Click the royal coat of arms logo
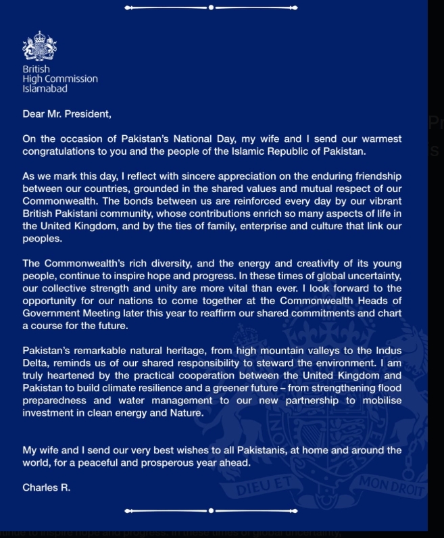(x=40, y=47)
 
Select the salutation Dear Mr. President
(x=67, y=114)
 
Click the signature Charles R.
(x=46, y=487)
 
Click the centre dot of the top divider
(x=211, y=8)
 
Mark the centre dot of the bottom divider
(x=211, y=510)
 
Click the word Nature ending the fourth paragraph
(x=184, y=412)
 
